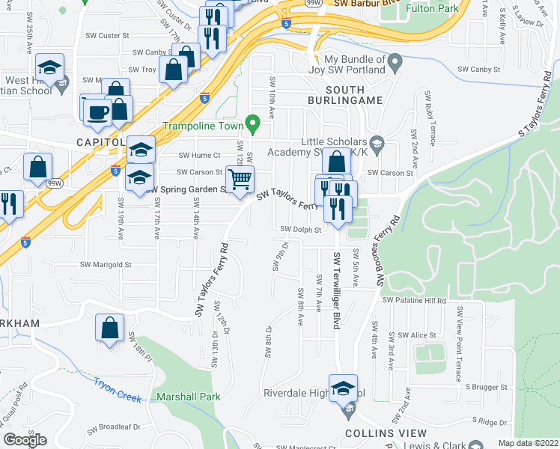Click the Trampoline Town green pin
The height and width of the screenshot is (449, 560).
click(253, 120)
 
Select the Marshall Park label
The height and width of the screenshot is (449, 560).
click(188, 397)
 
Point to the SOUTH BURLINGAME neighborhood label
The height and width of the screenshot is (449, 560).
click(345, 100)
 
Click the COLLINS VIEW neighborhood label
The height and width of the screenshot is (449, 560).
click(386, 433)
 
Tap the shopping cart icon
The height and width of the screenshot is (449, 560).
click(239, 180)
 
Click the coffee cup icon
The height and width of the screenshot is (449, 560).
click(96, 111)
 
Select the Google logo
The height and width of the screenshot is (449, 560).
click(25, 440)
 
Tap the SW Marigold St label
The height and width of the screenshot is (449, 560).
click(106, 264)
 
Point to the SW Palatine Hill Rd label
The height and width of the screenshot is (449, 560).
click(414, 300)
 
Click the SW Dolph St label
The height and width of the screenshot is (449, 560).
click(300, 230)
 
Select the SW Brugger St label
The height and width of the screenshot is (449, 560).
click(486, 387)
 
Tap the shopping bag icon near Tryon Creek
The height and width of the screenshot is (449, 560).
click(109, 329)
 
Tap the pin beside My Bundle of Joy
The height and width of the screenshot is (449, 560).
click(396, 60)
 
